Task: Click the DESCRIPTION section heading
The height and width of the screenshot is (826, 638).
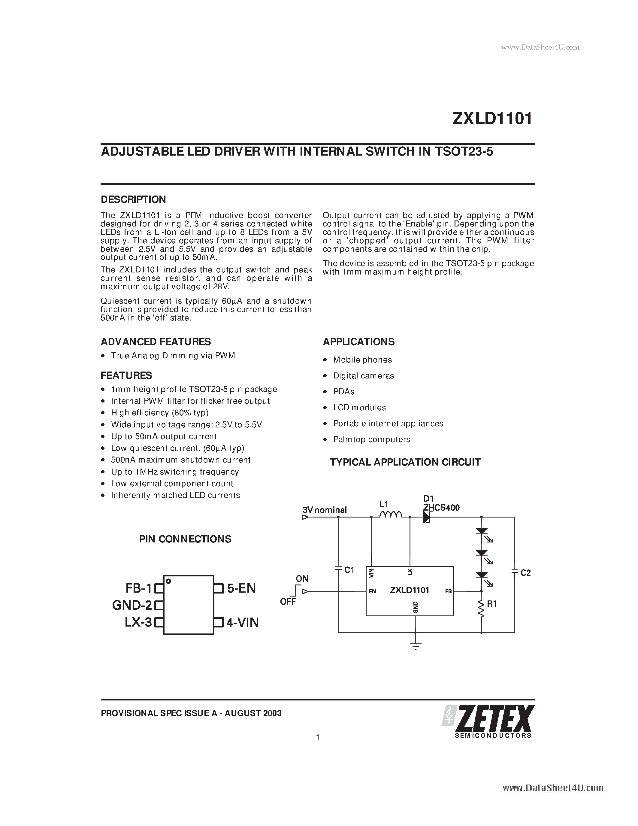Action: point(133,199)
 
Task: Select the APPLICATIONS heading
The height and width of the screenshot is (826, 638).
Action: point(358,342)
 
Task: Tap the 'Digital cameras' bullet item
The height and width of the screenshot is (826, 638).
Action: point(363,375)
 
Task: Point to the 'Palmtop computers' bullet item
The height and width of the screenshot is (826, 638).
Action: point(371,439)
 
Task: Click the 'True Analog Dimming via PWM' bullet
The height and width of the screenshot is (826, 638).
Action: point(173,356)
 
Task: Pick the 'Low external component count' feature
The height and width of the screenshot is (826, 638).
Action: point(172,484)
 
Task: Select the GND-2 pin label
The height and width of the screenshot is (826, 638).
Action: point(132,605)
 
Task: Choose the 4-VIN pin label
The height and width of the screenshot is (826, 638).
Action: point(242,623)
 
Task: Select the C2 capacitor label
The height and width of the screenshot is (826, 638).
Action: point(525,573)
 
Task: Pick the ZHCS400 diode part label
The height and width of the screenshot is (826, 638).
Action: point(441,508)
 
